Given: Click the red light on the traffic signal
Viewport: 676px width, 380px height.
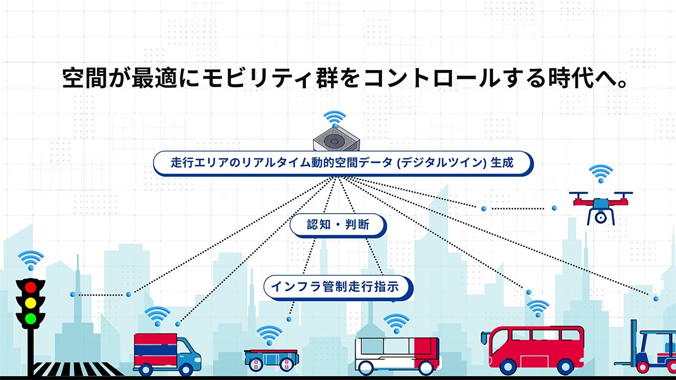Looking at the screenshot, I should pyautogui.click(x=31, y=286).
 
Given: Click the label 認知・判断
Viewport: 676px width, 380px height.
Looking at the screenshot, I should pyautogui.click(x=338, y=225).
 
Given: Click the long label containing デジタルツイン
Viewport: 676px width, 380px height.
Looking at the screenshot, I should pyautogui.click(x=343, y=163).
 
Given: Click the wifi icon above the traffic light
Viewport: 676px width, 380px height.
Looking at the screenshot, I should pyautogui.click(x=31, y=260).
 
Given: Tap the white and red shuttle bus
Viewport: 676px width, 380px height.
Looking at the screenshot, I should pyautogui.click(x=397, y=353).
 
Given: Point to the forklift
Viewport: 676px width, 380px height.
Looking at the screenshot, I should pyautogui.click(x=650, y=348).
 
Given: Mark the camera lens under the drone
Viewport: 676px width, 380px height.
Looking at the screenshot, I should pyautogui.click(x=600, y=217).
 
